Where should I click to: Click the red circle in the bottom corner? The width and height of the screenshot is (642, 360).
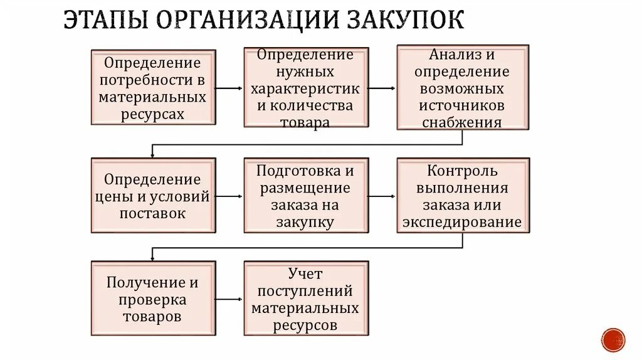coord(613,339)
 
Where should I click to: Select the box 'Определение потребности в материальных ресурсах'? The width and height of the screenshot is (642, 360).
coord(153,88)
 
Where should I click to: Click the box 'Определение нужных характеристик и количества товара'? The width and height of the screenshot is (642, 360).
coord(306,88)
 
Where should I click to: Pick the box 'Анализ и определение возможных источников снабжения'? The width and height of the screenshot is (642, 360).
coord(463,88)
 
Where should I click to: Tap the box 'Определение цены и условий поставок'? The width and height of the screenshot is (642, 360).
coord(153,196)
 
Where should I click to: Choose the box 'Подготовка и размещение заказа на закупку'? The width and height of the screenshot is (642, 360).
coord(306,196)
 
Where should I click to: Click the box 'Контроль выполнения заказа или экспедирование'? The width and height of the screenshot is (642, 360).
coord(463,196)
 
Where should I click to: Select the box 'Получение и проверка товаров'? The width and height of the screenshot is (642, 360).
coord(153,300)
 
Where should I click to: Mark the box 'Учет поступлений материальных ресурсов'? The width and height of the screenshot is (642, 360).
coord(306,300)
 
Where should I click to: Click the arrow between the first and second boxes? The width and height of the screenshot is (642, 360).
coord(229,88)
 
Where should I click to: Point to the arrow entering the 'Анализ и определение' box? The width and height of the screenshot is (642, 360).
coord(382,88)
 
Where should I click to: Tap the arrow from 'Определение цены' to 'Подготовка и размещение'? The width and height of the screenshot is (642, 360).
coord(229,196)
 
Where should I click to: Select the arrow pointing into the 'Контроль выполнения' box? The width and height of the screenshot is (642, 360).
coord(382,196)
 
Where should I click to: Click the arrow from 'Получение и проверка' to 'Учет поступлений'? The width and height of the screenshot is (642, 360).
coord(229,300)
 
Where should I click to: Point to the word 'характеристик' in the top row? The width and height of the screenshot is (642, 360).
coord(306,88)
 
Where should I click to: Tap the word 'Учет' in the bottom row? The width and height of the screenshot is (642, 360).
coord(305,273)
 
